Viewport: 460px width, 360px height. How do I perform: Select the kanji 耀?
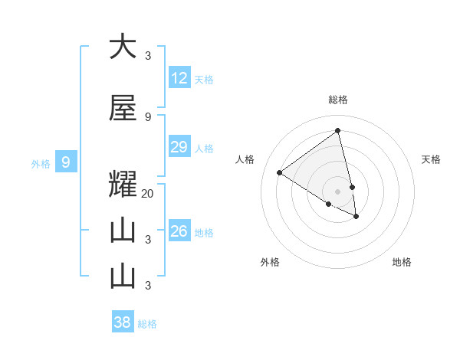coord(123,186)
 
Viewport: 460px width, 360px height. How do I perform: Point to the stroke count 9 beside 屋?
coord(148,116)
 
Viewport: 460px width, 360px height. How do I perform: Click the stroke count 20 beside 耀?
coord(148,194)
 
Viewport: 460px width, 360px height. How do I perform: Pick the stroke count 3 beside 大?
coord(148,55)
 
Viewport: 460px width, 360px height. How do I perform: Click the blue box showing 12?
coord(179,78)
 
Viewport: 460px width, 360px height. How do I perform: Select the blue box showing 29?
coord(179,147)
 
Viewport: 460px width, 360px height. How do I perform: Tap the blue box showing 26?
coord(179,231)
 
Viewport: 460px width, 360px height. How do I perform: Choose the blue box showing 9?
coord(66,162)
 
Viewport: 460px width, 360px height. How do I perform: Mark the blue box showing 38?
coord(123,322)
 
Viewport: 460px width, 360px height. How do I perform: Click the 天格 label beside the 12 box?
coord(204,80)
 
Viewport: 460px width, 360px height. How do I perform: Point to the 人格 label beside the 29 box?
coord(204,149)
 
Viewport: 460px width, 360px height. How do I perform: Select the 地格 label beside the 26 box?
coord(204,233)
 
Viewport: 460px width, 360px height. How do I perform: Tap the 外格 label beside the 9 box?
coord(40,164)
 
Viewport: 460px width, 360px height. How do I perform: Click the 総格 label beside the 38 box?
coord(147,324)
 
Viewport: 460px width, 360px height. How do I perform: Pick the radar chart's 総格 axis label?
coord(338,100)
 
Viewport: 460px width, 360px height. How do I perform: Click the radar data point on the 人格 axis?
coord(280,173)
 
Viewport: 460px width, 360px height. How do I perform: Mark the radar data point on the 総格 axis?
coord(337,130)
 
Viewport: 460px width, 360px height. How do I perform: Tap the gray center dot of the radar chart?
coord(337,191)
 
